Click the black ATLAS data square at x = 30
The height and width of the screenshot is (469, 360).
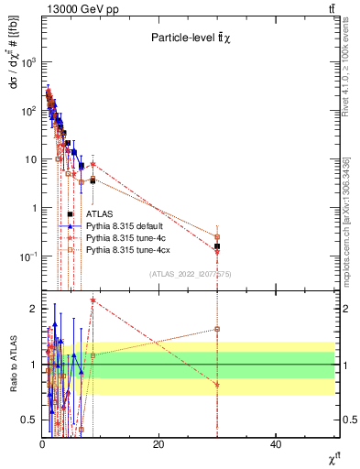click(x=217, y=246)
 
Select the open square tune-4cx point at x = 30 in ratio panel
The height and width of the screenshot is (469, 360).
click(x=217, y=329)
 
